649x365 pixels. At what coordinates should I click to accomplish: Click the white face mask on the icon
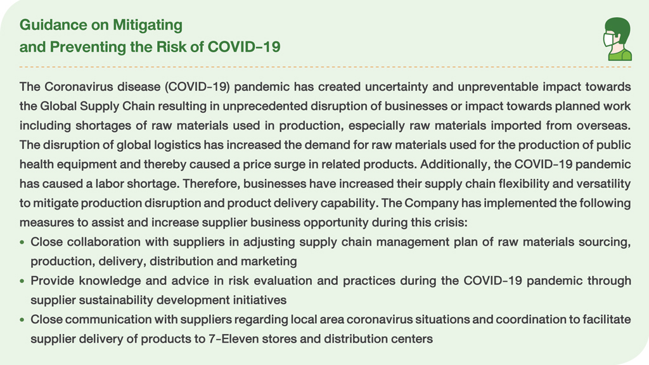(609, 40)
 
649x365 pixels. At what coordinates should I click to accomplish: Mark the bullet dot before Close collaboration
(22, 242)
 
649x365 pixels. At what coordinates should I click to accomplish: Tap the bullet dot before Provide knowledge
(22, 281)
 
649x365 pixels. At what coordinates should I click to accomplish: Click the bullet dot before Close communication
(22, 320)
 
